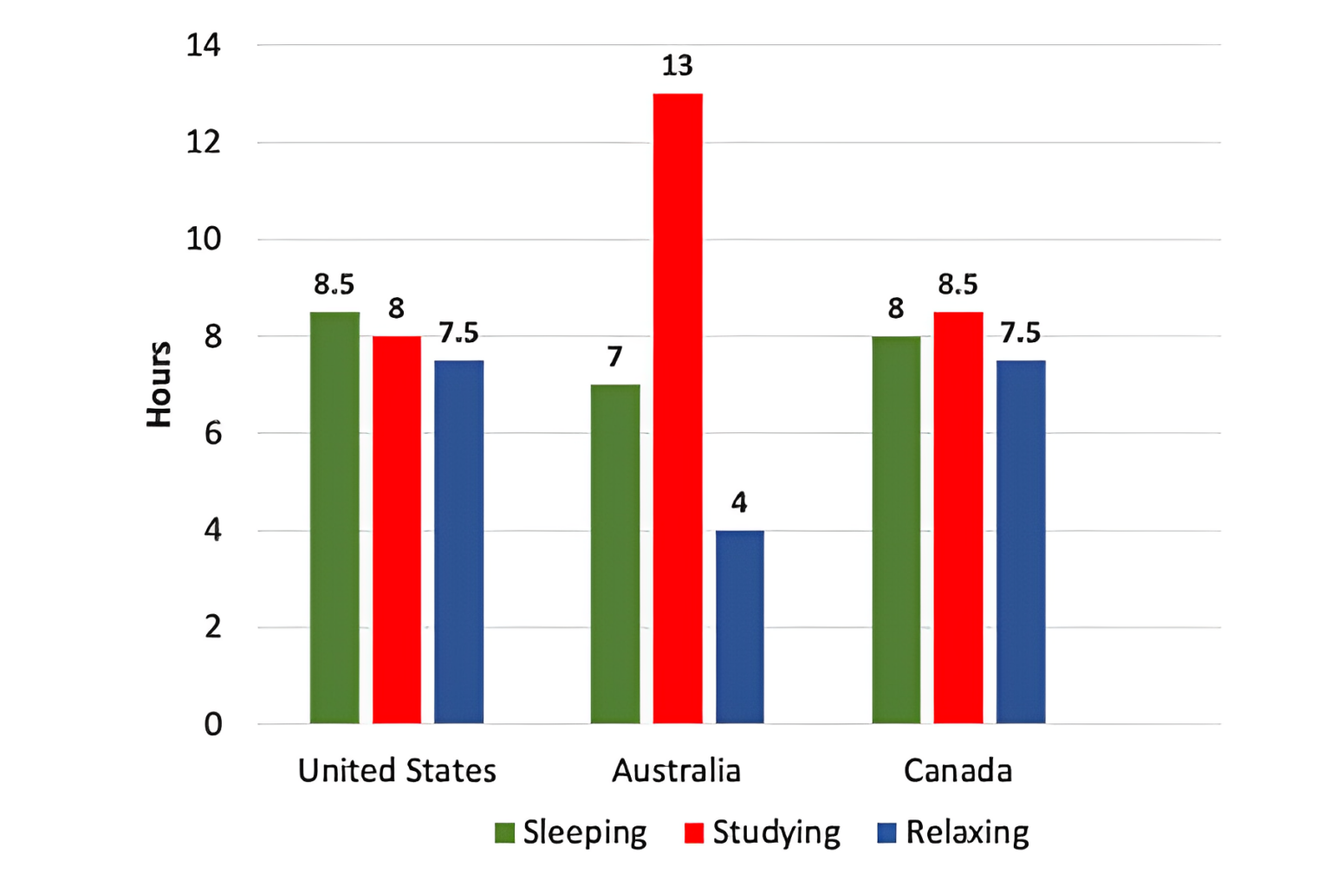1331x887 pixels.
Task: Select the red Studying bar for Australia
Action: pyautogui.click(x=678, y=408)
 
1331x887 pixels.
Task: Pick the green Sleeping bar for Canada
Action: pyautogui.click(x=896, y=529)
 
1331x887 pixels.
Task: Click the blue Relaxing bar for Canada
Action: pyautogui.click(x=1021, y=541)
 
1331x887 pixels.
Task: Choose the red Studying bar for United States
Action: pyautogui.click(x=397, y=529)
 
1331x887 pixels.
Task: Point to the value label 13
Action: pyautogui.click(x=678, y=66)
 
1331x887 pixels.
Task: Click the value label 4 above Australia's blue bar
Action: pyautogui.click(x=739, y=502)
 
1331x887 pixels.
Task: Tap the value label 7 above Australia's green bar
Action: pyautogui.click(x=615, y=357)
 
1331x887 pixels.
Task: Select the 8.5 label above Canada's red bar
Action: pyautogui.click(x=958, y=284)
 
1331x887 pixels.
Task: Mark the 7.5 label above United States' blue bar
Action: pyautogui.click(x=458, y=333)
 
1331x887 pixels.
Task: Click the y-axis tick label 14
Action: pyautogui.click(x=204, y=45)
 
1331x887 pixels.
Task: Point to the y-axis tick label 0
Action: pyautogui.click(x=212, y=724)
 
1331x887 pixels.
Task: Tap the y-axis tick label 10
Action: pyautogui.click(x=204, y=239)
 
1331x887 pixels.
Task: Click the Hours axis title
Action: pyautogui.click(x=159, y=384)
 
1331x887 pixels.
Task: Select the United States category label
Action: pyautogui.click(x=397, y=771)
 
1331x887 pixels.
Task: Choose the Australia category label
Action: pyautogui.click(x=677, y=771)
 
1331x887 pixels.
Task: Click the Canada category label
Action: pyautogui.click(x=958, y=771)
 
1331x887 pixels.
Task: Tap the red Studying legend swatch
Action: pyautogui.click(x=693, y=833)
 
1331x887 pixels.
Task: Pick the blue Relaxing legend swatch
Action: pyautogui.click(x=886, y=833)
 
